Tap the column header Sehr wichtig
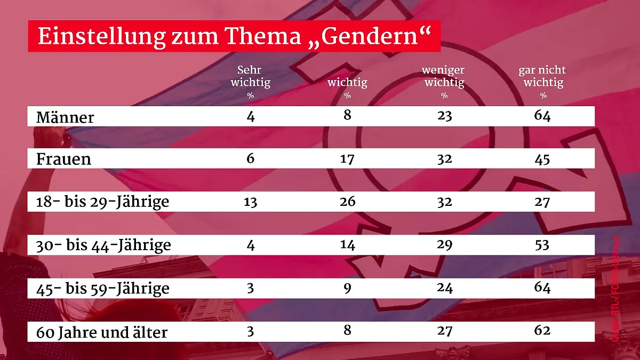coord(250,77)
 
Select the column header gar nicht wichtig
coord(542,77)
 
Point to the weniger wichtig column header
coord(444,77)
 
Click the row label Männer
coord(65,117)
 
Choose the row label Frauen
coord(63,159)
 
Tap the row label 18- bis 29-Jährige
coord(102,202)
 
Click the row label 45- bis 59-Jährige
coord(102,289)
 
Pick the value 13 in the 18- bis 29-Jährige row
coord(250,202)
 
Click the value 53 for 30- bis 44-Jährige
coord(542,245)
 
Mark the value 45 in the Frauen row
coord(542,159)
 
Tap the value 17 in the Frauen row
coord(347,159)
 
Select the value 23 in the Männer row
coord(444,116)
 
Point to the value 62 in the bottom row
coord(542,331)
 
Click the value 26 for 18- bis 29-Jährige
coord(347,202)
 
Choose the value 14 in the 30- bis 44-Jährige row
coord(347,245)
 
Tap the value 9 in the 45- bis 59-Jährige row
coord(347,289)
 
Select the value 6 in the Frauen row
coord(251,159)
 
